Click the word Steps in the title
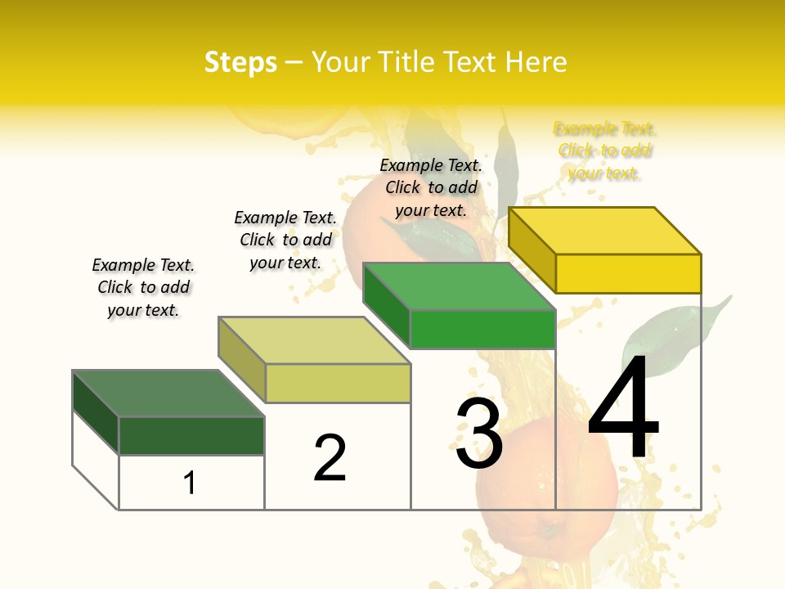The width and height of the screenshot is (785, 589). coord(240,62)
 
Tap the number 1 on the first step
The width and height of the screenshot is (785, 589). coord(190,483)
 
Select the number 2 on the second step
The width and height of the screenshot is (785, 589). coord(330,457)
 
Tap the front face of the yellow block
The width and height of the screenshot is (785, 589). coord(628,273)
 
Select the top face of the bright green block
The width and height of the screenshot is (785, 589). coord(460,286)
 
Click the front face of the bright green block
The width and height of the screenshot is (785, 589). coord(482,329)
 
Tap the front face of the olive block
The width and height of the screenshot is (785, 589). coord(338,383)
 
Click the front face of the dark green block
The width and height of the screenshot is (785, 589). coord(191,435)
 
